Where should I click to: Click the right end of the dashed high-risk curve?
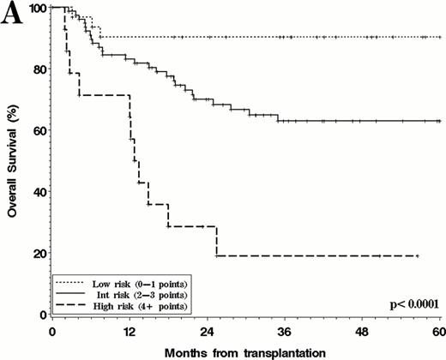point(417,256)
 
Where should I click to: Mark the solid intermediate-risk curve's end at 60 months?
point(439,122)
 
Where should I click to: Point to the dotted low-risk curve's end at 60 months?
point(439,37)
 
